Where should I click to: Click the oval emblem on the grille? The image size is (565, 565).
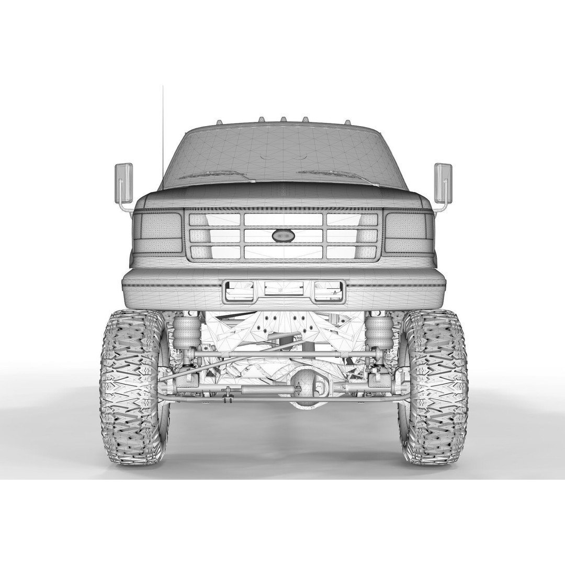pos(283,236)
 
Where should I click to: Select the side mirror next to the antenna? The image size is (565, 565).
pos(123,183)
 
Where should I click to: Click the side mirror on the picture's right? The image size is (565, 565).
pos(443,182)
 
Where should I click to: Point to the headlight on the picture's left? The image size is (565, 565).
pos(157,233)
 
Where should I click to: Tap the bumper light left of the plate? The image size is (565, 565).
pos(240,291)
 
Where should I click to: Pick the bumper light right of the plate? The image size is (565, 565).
pos(328,291)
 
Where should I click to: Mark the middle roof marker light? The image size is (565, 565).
pos(282,120)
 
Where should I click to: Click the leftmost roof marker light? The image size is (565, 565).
pos(219,121)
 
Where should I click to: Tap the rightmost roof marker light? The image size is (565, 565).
pos(346,121)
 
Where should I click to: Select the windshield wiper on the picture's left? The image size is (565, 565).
pos(214,175)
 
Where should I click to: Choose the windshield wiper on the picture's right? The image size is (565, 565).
pos(335,175)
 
